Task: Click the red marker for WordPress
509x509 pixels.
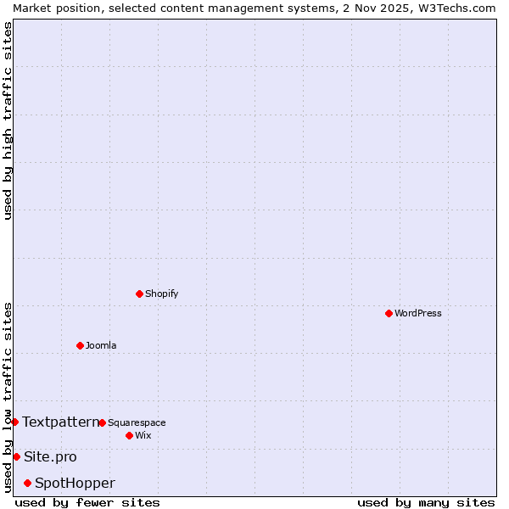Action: click(x=389, y=313)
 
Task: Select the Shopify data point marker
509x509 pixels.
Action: click(x=139, y=294)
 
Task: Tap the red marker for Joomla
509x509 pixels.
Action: click(x=80, y=345)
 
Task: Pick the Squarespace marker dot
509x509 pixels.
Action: click(x=102, y=422)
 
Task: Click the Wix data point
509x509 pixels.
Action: click(x=129, y=435)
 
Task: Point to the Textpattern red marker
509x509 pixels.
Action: click(x=14, y=422)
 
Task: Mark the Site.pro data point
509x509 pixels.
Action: click(x=16, y=456)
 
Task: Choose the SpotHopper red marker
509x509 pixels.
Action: click(x=27, y=483)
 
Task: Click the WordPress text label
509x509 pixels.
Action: click(x=417, y=313)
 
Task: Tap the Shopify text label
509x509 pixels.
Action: click(x=161, y=294)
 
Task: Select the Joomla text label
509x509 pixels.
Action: click(x=101, y=345)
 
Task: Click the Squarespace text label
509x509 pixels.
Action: click(x=137, y=422)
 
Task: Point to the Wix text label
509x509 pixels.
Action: click(x=143, y=435)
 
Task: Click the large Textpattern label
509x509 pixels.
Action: click(x=60, y=422)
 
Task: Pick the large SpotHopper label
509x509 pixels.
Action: click(x=75, y=483)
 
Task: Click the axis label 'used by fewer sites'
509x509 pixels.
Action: click(x=87, y=502)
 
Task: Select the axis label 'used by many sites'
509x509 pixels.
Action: click(x=426, y=502)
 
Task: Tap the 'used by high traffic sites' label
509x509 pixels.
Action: click(x=8, y=120)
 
